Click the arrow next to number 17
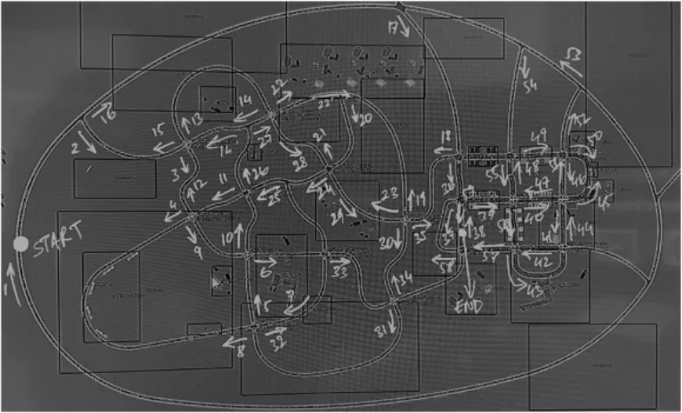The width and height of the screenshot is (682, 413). [x=404, y=29]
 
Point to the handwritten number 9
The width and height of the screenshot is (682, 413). [x=198, y=252]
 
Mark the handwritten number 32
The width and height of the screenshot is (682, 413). [x=278, y=342]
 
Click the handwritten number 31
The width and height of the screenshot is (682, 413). [x=381, y=331]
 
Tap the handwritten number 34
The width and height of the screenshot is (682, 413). [x=405, y=278]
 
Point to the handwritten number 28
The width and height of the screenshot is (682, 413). [x=299, y=162]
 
